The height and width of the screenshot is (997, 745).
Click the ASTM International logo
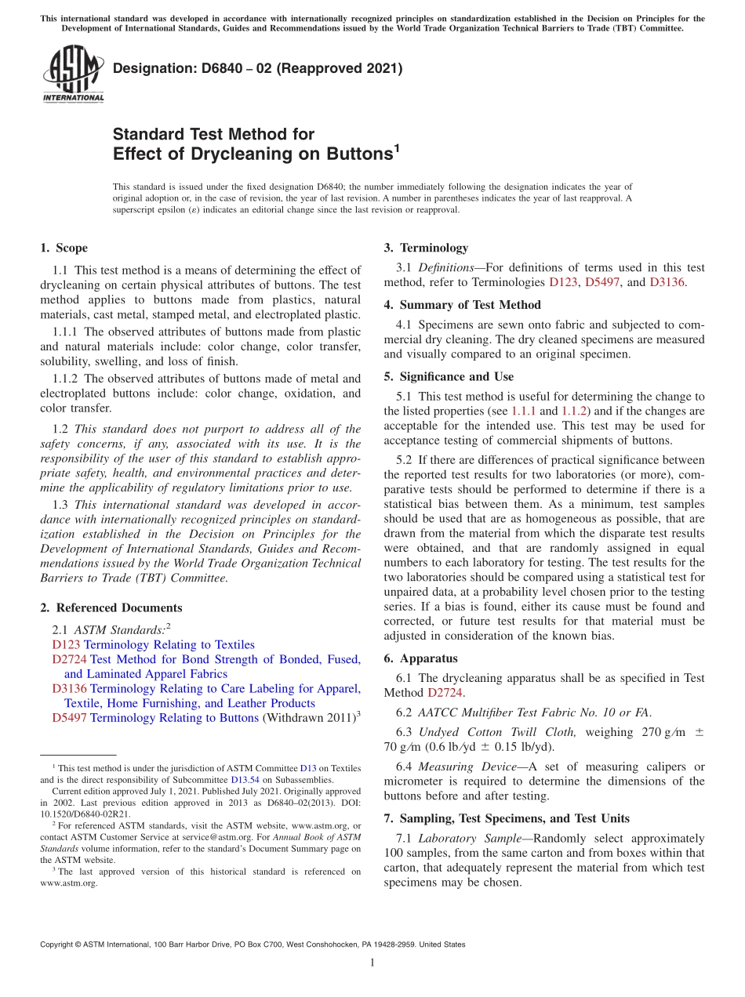73,73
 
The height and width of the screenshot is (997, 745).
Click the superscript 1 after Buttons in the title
397,147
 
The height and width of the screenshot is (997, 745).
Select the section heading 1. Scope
64,248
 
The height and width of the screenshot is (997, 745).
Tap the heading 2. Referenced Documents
111,608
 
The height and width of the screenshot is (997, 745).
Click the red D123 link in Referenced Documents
66,645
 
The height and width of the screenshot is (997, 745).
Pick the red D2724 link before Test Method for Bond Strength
69,660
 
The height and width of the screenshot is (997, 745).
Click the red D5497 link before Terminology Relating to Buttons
69,718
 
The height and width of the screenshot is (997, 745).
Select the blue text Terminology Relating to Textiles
169,645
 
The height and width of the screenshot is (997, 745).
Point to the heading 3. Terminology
426,248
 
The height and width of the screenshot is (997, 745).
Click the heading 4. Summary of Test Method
462,305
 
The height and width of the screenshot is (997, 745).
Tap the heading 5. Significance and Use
449,377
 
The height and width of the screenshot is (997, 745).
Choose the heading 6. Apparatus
420,658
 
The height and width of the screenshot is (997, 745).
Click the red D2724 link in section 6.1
444,693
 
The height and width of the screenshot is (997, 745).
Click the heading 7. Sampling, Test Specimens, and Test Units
507,819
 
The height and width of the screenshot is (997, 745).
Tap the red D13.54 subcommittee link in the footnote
244,780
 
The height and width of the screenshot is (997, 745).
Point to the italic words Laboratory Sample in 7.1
466,839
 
